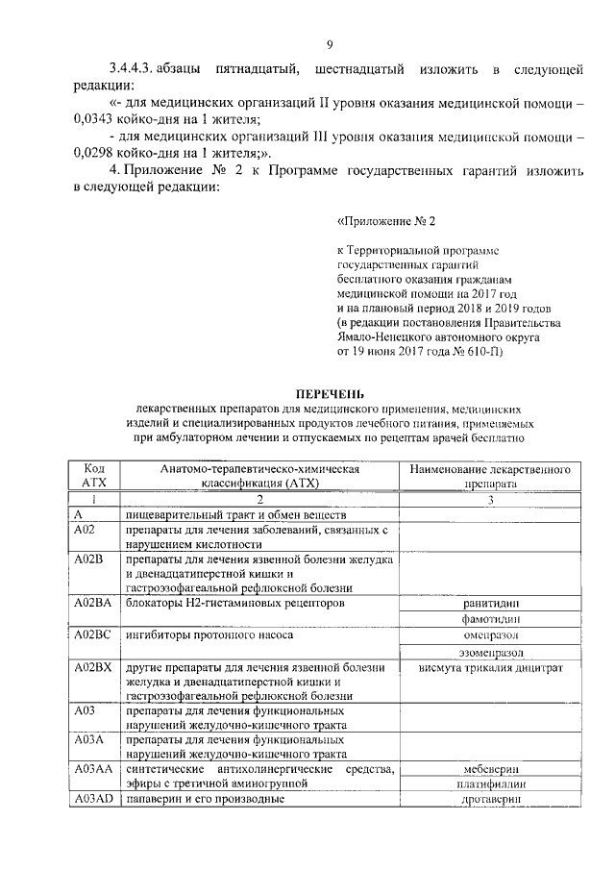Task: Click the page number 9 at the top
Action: [x=330, y=45]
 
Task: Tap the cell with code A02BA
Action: [x=94, y=603]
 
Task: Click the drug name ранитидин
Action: [x=490, y=603]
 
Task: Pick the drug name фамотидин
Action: [x=490, y=620]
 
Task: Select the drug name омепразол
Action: [x=490, y=636]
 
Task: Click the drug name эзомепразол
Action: [x=490, y=653]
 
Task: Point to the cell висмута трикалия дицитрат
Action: [x=490, y=668]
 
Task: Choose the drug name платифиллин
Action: [x=490, y=784]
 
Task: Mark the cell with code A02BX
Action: [x=94, y=668]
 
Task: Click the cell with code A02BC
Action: [x=94, y=636]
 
